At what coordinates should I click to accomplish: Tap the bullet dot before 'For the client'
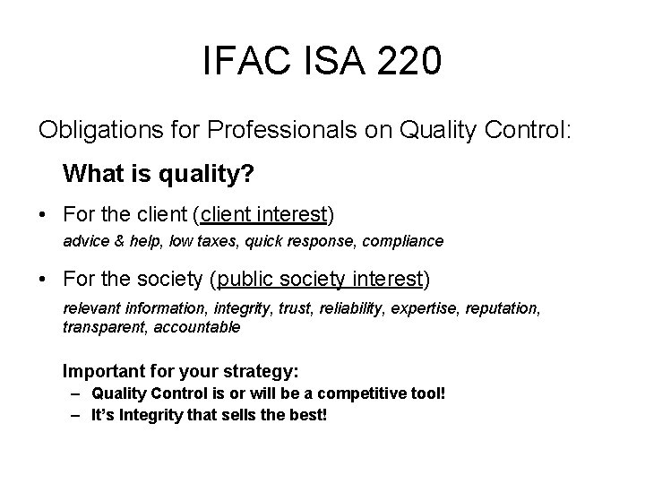click(44, 215)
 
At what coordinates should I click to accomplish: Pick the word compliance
click(405, 241)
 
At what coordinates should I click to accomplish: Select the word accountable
click(197, 327)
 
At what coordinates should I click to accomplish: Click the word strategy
click(266, 371)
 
